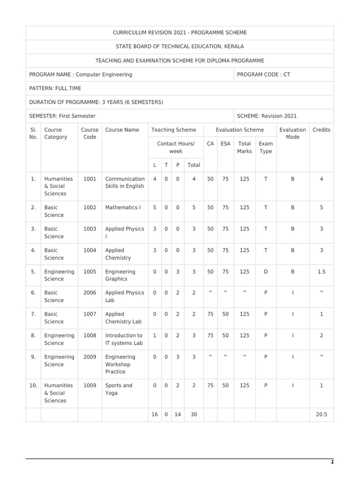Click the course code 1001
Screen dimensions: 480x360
[90, 179]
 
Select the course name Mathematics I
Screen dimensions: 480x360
[123, 207]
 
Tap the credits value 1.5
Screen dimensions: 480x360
[322, 271]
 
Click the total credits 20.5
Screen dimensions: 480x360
[322, 415]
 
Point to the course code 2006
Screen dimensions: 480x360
[90, 292]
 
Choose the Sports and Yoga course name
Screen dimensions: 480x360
[119, 389]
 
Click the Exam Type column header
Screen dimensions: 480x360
[265, 148]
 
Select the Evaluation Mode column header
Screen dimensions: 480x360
[292, 133]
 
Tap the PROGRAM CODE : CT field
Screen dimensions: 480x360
[263, 75]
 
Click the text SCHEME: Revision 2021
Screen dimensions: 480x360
[267, 116]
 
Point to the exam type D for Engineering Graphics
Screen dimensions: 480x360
[265, 271]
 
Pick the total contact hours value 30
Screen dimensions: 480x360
[194, 415]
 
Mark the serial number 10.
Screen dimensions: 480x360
[33, 385]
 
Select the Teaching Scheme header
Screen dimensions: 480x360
[174, 130]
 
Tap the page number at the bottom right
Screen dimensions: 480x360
[332, 462]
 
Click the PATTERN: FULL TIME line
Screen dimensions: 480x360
[55, 88]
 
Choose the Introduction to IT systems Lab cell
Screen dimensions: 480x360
[124, 339]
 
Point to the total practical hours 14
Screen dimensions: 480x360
[178, 415]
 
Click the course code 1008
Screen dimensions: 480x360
[90, 336]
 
